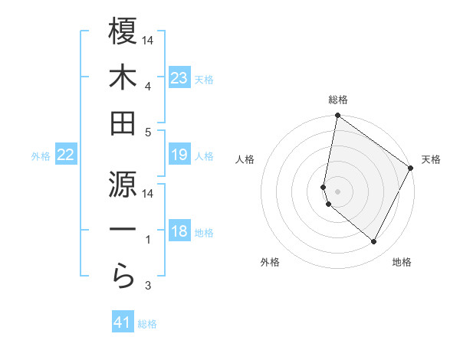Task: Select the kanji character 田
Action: [123, 123]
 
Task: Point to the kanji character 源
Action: [123, 183]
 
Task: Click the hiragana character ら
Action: [123, 275]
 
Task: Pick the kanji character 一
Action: [123, 230]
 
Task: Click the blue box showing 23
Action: [179, 77]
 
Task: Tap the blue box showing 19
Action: [179, 155]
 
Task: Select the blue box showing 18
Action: [179, 232]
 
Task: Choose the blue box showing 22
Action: [66, 155]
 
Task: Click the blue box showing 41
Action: [123, 322]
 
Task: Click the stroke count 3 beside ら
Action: [149, 286]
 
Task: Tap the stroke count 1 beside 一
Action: [149, 240]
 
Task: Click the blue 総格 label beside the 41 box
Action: [147, 324]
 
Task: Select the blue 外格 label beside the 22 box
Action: [41, 156]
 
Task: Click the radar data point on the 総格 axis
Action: [337, 116]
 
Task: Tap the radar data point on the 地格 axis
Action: [374, 242]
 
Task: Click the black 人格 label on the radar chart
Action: [245, 159]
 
